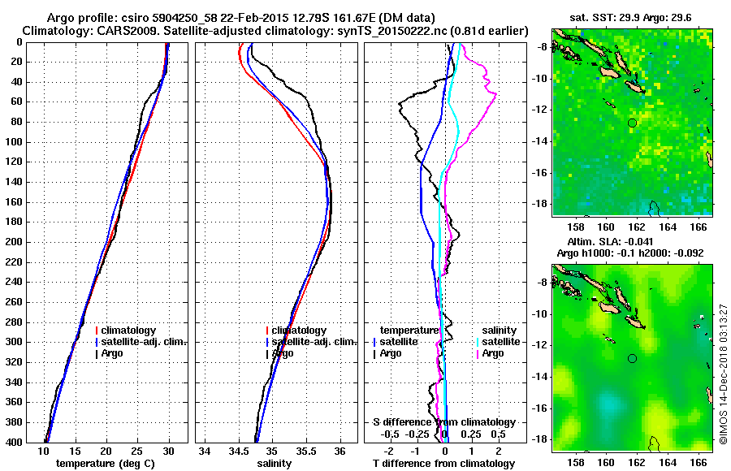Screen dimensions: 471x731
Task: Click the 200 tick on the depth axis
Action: point(16,242)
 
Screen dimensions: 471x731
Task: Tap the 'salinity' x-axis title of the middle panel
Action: point(276,463)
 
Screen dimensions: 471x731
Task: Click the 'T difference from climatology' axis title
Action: point(443,463)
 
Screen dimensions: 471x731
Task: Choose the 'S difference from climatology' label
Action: point(443,422)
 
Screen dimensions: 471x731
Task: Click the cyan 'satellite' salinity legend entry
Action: point(501,342)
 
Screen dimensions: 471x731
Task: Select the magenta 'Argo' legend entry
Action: point(492,353)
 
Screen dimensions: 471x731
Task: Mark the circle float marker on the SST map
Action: point(632,123)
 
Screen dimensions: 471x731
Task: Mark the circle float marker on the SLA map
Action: point(632,358)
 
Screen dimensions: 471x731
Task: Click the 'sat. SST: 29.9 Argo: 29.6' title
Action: point(632,16)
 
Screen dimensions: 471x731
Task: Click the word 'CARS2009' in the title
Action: point(115,30)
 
